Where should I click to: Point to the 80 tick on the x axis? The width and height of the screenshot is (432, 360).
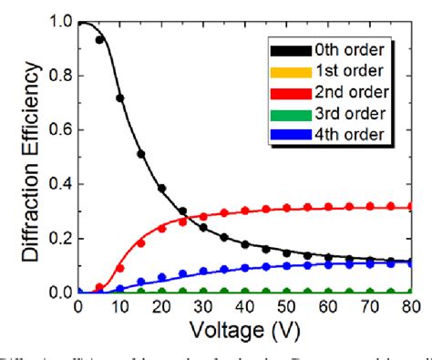[416, 307]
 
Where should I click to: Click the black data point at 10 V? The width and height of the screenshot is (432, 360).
[120, 98]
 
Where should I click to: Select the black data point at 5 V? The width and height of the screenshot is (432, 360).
[99, 40]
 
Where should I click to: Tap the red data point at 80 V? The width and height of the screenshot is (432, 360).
[416, 207]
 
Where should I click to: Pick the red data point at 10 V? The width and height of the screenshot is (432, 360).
[120, 268]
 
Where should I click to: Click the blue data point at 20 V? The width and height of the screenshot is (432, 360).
[162, 277]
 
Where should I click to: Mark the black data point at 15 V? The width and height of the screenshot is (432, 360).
[141, 154]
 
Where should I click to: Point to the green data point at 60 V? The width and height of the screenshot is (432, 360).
[331, 292]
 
